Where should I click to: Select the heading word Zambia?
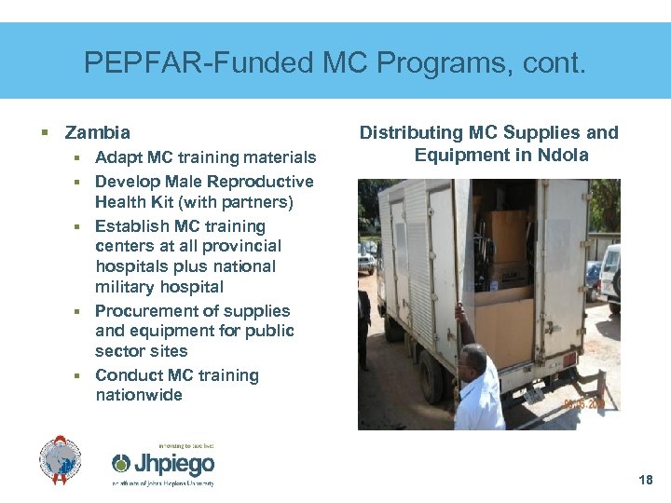tap(98, 133)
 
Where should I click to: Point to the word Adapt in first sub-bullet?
tap(118, 157)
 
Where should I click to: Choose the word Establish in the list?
tap(133, 226)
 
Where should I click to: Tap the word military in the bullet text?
tap(127, 287)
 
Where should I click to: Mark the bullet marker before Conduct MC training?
tap(81, 375)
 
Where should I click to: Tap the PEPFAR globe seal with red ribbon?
tap(61, 460)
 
